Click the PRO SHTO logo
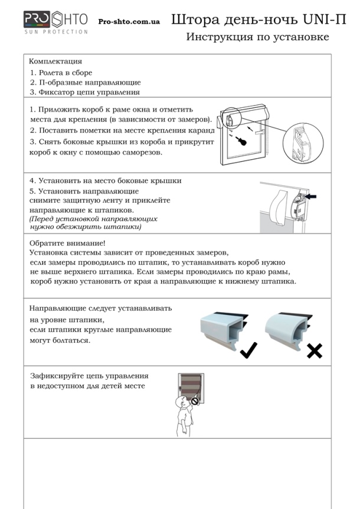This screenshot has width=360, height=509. [56, 20]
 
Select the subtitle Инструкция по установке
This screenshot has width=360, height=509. [257, 37]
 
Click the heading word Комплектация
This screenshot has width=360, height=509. [55, 61]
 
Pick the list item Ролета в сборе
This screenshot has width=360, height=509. [61, 73]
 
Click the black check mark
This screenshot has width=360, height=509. [248, 350]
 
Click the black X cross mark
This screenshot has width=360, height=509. [315, 352]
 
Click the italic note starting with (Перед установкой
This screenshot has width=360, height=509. [94, 222]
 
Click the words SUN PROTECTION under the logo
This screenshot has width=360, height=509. [55, 31]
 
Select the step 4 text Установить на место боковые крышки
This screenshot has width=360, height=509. [106, 181]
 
